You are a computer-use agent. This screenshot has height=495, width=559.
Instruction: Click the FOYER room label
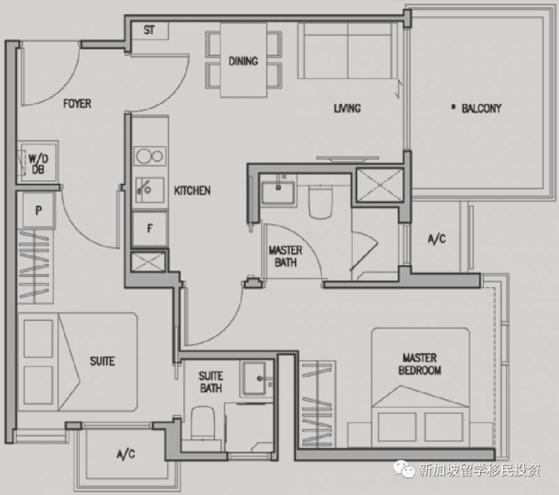77,103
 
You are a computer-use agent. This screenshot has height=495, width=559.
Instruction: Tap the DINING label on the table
243,61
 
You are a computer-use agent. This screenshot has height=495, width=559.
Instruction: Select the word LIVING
347,108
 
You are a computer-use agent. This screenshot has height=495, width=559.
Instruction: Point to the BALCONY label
481,108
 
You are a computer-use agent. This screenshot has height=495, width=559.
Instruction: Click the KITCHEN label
192,191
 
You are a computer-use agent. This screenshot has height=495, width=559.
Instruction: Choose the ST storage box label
149,30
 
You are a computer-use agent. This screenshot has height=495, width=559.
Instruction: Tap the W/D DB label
38,164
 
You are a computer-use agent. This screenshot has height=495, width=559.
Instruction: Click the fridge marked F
150,229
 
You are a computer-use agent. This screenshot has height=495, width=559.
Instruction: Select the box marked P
38,210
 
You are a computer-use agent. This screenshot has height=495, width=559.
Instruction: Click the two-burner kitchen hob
150,156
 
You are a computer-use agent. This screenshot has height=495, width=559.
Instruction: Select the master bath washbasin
278,193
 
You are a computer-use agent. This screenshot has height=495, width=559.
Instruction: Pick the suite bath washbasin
254,378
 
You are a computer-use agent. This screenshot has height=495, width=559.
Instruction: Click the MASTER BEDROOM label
420,364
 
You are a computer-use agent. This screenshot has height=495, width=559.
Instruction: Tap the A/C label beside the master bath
437,238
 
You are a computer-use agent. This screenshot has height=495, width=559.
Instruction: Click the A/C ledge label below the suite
126,454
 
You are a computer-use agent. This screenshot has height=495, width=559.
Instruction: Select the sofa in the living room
347,50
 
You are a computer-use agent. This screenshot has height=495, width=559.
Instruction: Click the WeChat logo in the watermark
404,468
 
